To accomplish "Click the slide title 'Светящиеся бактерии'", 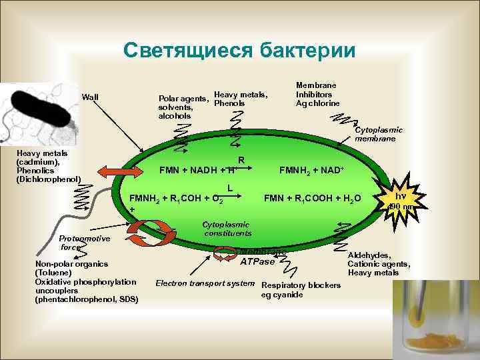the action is pyautogui.click(x=239, y=51).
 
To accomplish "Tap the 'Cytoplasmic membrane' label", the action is pyautogui.click(x=379, y=135).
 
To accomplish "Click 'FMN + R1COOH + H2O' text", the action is pyautogui.click(x=313, y=198).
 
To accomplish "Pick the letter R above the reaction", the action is pyautogui.click(x=241, y=160).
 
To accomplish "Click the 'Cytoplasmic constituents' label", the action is pyautogui.click(x=227, y=229).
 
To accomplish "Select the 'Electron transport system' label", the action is pyautogui.click(x=205, y=283).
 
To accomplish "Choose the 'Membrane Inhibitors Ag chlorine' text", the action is pyautogui.click(x=317, y=95).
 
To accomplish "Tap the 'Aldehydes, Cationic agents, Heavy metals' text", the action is pyautogui.click(x=379, y=263).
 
